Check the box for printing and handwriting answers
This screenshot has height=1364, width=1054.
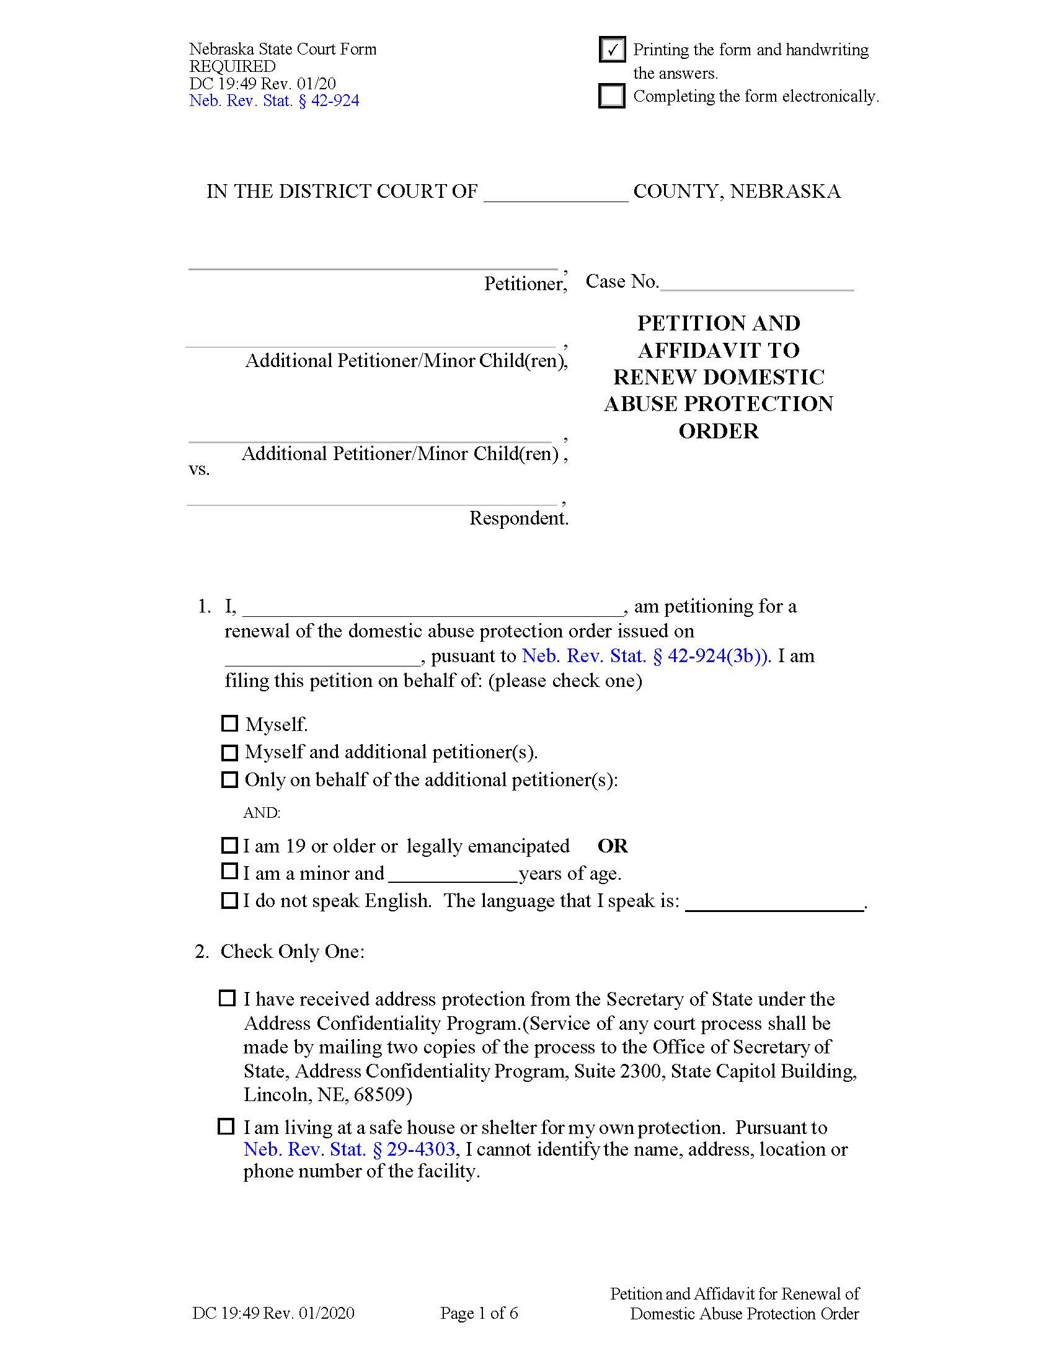pyautogui.click(x=611, y=50)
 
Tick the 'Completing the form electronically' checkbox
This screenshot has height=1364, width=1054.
pyautogui.click(x=611, y=95)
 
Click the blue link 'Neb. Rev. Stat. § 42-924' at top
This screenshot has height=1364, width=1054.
pyautogui.click(x=274, y=101)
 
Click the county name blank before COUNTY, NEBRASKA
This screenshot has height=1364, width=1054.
pyautogui.click(x=556, y=193)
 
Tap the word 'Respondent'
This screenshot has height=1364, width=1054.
pyautogui.click(x=518, y=518)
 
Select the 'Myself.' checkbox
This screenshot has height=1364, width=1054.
pyautogui.click(x=230, y=723)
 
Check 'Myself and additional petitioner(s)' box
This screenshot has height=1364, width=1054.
pyautogui.click(x=230, y=753)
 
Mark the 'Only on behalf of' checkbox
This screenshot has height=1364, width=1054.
pyautogui.click(x=230, y=780)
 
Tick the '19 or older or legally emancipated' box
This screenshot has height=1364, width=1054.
pyautogui.click(x=230, y=846)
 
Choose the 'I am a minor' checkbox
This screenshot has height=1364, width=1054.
pyautogui.click(x=230, y=871)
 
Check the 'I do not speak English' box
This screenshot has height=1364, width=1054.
pyautogui.click(x=230, y=900)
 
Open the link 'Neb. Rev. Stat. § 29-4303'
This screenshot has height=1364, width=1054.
pyautogui.click(x=349, y=1149)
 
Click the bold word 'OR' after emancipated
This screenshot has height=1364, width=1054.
pyautogui.click(x=613, y=846)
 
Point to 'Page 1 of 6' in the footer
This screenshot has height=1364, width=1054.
pyautogui.click(x=479, y=1313)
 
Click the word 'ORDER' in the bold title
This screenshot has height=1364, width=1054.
pyautogui.click(x=718, y=432)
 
